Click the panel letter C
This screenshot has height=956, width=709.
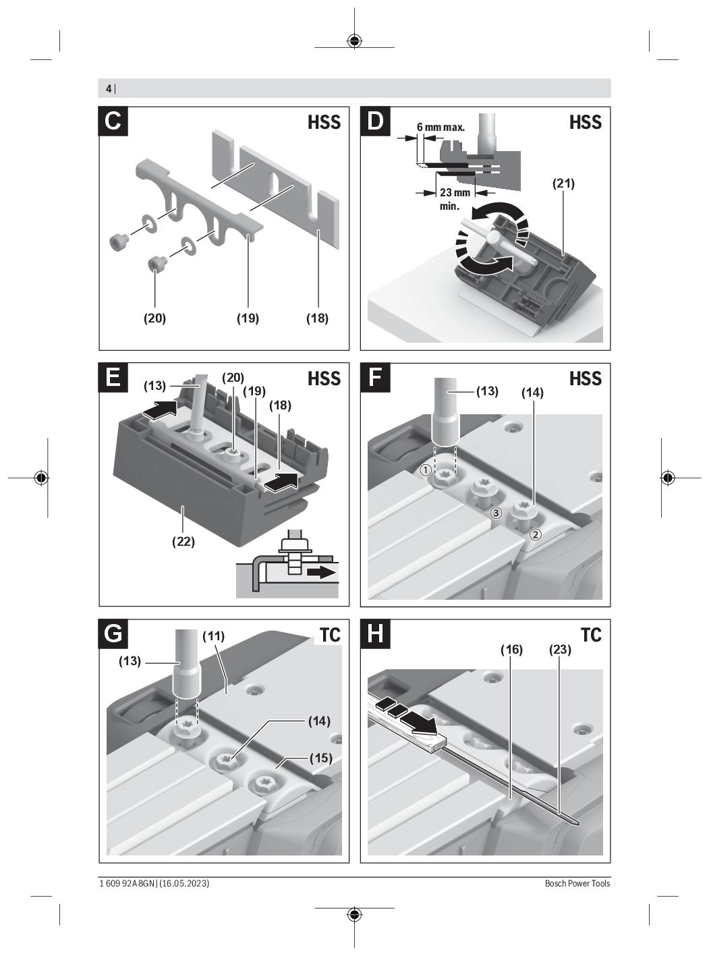tap(113, 121)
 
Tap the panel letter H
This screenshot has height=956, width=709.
tap(375, 634)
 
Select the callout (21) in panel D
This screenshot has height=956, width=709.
tap(563, 183)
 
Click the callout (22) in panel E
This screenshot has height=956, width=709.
tap(183, 540)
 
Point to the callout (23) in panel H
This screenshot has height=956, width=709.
tap(560, 649)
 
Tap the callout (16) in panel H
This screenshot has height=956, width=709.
tap(511, 649)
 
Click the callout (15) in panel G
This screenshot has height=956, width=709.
tap(320, 758)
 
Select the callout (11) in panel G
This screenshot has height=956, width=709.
tap(213, 636)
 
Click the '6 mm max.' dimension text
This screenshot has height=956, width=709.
tap(441, 127)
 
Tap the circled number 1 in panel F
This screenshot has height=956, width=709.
tap(426, 469)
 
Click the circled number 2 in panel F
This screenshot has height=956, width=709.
tap(535, 534)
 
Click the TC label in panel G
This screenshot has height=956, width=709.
tap(330, 635)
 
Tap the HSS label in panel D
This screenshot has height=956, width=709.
tap(585, 122)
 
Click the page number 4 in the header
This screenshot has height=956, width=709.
tap(109, 88)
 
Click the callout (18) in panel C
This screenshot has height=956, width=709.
tap(316, 318)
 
